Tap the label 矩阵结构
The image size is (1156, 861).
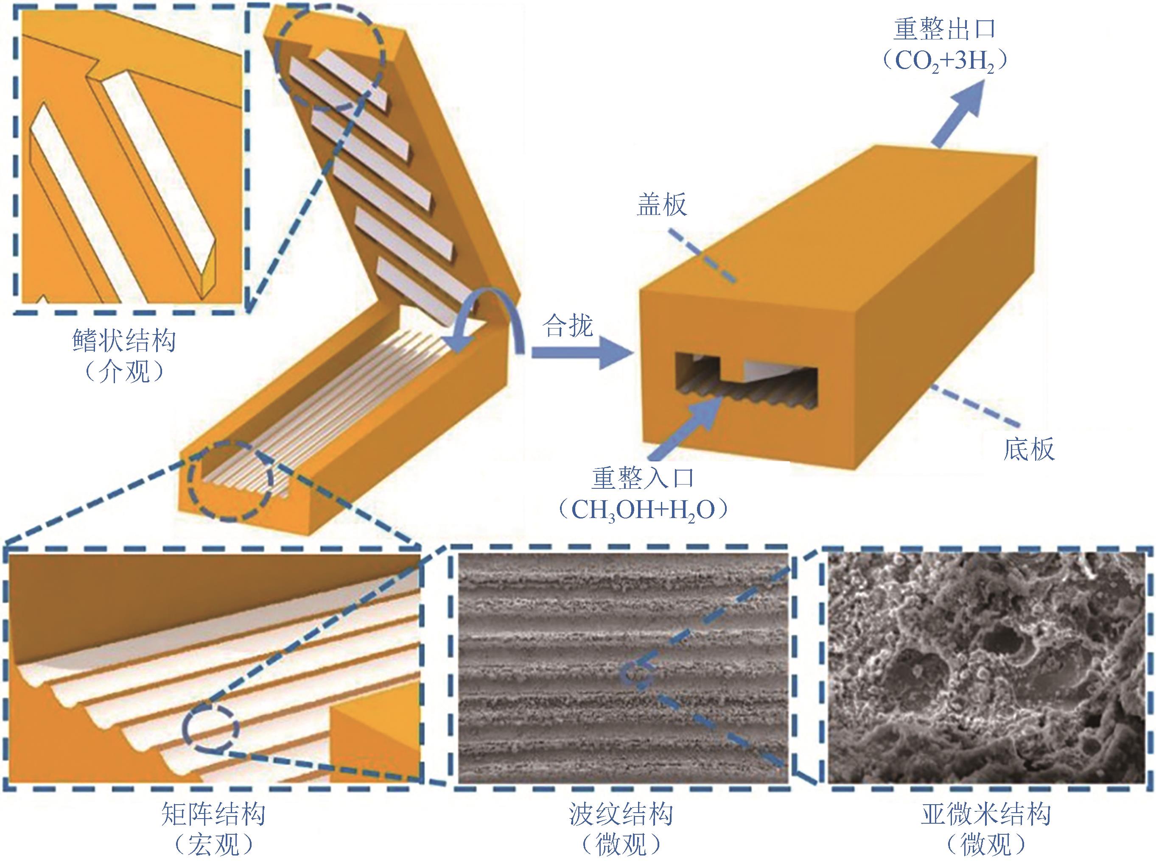click(x=213, y=814)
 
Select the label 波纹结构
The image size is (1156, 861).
click(x=621, y=814)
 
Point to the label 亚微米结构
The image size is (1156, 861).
click(x=986, y=814)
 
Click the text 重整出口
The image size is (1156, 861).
click(x=944, y=30)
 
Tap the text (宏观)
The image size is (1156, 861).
click(x=213, y=845)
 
